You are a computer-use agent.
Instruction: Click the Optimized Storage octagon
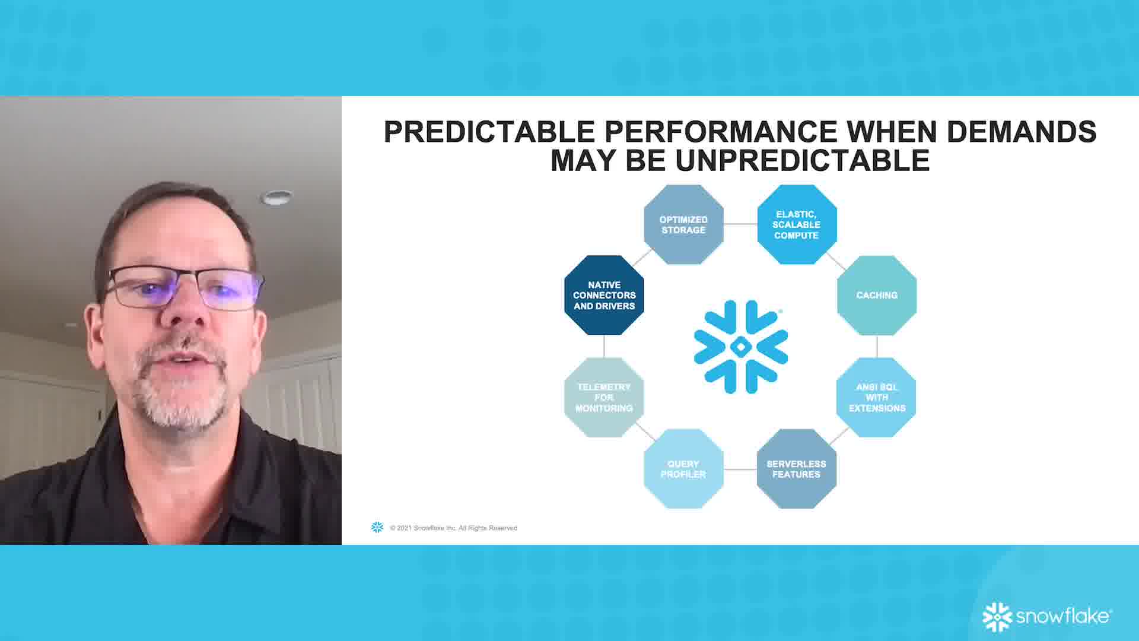(683, 224)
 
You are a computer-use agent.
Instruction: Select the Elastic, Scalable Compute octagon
(797, 224)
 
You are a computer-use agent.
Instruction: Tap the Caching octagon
(877, 295)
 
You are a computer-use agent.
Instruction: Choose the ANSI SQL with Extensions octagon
(877, 397)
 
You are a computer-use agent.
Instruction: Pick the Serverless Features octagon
(797, 469)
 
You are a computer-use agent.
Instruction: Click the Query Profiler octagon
(683, 469)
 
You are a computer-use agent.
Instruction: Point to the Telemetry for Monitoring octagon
(604, 397)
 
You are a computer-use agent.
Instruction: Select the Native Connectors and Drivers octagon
(604, 295)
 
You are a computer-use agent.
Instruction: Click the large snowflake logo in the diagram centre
(741, 347)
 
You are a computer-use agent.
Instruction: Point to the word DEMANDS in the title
(1021, 132)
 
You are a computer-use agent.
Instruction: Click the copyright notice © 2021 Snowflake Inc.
(453, 528)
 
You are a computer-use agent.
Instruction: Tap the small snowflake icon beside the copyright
(377, 527)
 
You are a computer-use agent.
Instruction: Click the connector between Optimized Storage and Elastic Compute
(740, 224)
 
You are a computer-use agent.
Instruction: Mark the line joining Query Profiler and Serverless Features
(740, 469)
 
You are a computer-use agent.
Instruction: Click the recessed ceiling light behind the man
(277, 197)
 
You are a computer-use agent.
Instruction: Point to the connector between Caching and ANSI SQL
(877, 347)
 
